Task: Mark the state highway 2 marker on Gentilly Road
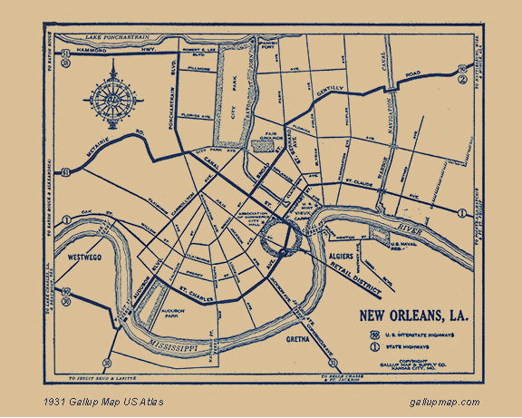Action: coord(462,79)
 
